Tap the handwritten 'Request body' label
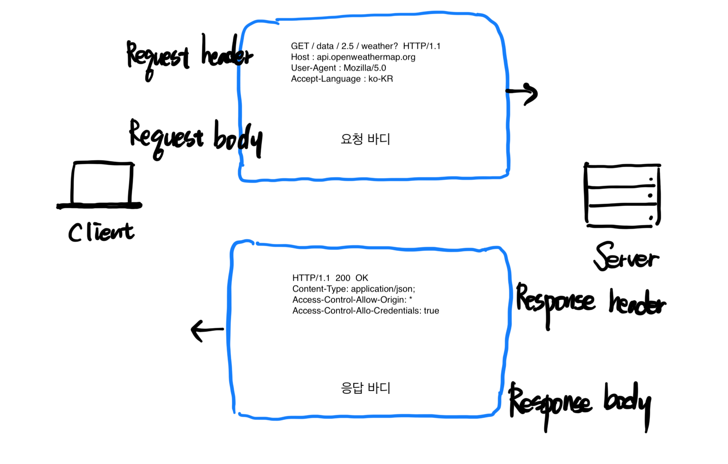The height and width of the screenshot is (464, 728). [x=195, y=138]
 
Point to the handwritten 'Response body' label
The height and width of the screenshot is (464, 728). [x=580, y=404]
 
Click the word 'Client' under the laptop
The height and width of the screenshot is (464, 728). [x=101, y=232]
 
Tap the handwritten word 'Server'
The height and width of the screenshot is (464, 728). [x=626, y=258]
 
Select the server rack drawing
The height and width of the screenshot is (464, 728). [x=622, y=195]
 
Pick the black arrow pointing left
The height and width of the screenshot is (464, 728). [x=206, y=330]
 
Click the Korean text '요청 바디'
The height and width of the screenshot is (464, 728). [x=365, y=139]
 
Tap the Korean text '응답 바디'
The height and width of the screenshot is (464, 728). [x=365, y=388]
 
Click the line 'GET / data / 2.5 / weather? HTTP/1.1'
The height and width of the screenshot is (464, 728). [x=365, y=46]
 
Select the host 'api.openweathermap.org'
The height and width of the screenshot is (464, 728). [x=366, y=57]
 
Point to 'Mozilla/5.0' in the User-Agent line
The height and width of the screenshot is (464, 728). [x=364, y=68]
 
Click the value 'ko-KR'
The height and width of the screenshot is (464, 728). [x=381, y=79]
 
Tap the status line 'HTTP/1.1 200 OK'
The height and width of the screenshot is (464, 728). [x=330, y=278]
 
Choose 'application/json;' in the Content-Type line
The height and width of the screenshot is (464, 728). [x=383, y=289]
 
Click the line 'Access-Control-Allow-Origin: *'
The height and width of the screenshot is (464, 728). [x=352, y=300]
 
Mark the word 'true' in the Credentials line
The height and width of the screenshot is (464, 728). [x=431, y=311]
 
